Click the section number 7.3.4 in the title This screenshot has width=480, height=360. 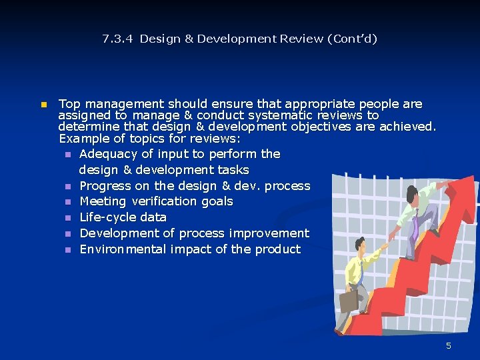click(x=117, y=39)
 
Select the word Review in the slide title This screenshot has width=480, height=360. click(x=302, y=39)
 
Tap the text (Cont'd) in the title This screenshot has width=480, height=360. click(x=352, y=39)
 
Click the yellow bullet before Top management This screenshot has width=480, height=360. click(x=43, y=105)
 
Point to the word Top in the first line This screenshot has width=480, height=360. click(x=69, y=104)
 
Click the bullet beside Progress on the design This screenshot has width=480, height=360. click(x=68, y=187)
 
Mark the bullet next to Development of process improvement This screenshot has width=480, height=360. click(x=68, y=234)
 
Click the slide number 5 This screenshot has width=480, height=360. click(x=449, y=345)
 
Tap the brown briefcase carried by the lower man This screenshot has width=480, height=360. click(x=349, y=301)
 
